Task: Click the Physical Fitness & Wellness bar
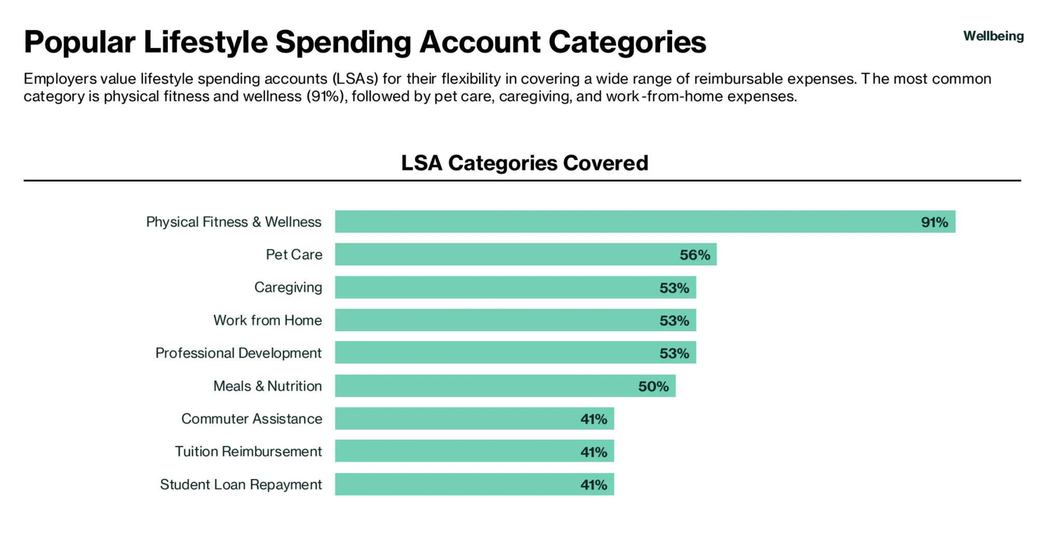click(622, 221)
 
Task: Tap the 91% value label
click(934, 222)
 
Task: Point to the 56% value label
click(694, 255)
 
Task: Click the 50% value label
click(653, 386)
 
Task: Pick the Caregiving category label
click(288, 287)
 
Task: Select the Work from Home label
click(267, 320)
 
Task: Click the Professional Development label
click(238, 353)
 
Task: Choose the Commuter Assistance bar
click(456, 418)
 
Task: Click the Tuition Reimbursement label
click(248, 452)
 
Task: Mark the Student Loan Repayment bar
click(456, 484)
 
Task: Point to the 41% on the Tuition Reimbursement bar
click(593, 452)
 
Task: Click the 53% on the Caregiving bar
click(674, 288)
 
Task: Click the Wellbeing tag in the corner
click(993, 36)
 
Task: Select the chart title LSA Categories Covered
click(524, 163)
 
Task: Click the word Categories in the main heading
click(627, 41)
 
